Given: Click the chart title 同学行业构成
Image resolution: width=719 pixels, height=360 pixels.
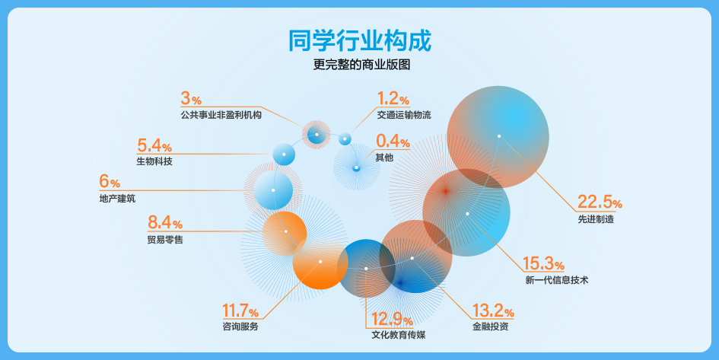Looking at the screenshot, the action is coord(360,41).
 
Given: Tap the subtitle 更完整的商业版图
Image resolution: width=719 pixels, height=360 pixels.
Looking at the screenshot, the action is coord(361,65).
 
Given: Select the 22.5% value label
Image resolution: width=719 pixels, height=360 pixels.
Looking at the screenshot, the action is coord(600,202).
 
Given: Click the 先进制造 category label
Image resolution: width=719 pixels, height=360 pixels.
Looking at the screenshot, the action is coord(596,219).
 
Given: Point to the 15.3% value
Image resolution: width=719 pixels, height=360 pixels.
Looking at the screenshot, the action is coord(544,263).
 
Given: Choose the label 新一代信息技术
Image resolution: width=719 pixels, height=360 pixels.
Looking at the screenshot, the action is coord(557,280).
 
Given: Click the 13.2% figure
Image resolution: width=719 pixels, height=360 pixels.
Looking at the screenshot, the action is coord(493,311).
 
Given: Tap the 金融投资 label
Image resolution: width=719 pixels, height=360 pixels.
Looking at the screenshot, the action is coord(490,327).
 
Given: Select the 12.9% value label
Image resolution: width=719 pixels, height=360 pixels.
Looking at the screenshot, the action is coord(392,319).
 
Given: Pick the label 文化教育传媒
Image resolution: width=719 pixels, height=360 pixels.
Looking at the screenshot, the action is coord(399,335).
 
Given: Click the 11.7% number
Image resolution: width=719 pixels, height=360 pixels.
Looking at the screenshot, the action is coord(240,311).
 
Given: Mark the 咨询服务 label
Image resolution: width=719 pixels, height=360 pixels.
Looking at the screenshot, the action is coord(240,327).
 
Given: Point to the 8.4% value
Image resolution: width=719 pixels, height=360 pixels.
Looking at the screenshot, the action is coord(165,222).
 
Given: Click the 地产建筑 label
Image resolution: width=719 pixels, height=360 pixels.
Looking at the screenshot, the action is coord(117,199).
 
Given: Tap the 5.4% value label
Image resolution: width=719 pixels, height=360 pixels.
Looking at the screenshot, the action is coord(154,145).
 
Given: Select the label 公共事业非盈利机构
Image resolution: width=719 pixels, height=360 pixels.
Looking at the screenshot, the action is coord(221,115).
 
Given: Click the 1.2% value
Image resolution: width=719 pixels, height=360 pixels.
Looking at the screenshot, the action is coord(393,98).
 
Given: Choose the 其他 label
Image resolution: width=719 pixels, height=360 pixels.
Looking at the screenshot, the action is coord(384,158).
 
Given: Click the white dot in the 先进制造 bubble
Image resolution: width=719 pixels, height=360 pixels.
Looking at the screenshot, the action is coord(499,136).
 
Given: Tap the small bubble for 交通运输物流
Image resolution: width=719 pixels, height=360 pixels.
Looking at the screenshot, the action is coord(345,139).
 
